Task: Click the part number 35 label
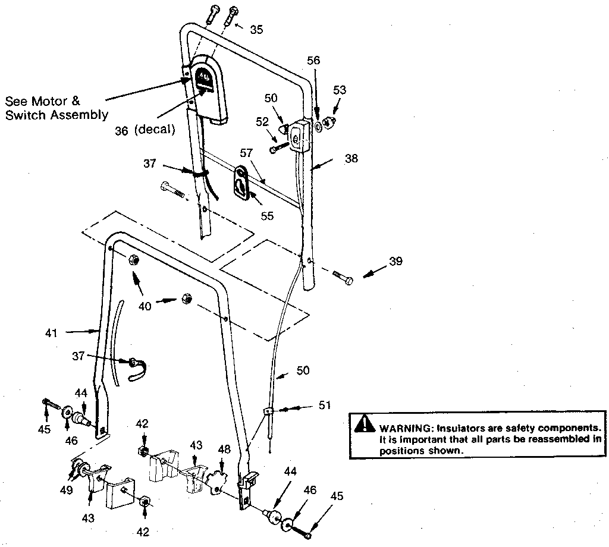256,29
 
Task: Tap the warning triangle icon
361,423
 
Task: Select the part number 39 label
396,262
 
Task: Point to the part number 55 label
267,216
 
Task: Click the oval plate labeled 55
241,181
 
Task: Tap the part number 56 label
313,61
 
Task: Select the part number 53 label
340,90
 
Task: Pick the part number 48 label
224,450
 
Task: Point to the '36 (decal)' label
145,130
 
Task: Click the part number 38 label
351,159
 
